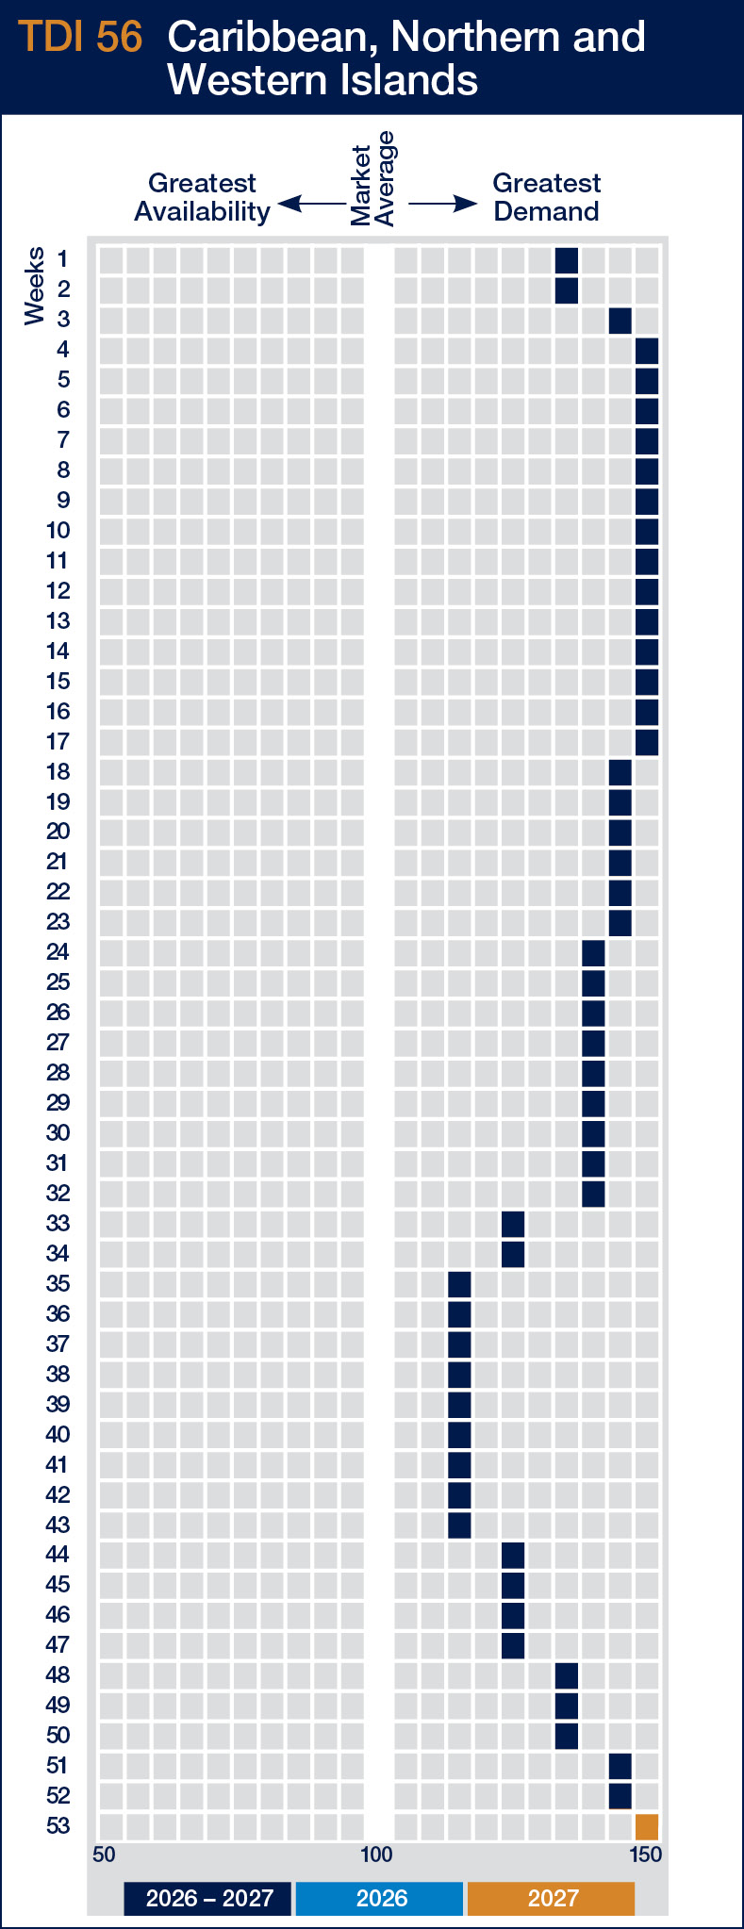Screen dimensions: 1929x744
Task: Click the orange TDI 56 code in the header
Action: point(81,38)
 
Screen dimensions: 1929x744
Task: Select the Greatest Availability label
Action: point(202,197)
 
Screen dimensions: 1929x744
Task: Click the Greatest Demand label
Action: point(546,197)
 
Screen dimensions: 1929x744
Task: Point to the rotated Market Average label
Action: point(372,179)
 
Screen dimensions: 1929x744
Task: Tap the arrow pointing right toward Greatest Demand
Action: point(442,204)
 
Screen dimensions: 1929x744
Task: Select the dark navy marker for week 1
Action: point(567,260)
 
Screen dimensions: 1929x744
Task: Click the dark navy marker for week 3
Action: point(620,321)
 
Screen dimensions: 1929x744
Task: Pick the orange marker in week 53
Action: point(647,1826)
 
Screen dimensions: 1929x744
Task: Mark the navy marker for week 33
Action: point(513,1224)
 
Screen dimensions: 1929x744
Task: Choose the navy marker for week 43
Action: point(459,1525)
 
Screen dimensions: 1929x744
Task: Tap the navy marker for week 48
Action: point(567,1675)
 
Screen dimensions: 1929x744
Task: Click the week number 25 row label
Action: point(58,982)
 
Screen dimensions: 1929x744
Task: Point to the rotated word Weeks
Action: point(35,286)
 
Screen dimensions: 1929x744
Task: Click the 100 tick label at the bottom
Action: point(376,1855)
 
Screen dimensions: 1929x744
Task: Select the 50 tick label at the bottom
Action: point(104,1855)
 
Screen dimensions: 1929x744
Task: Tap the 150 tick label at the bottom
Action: point(646,1855)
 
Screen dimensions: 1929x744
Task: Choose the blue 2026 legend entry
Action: point(380,1898)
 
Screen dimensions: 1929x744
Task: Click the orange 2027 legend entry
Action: point(552,1898)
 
